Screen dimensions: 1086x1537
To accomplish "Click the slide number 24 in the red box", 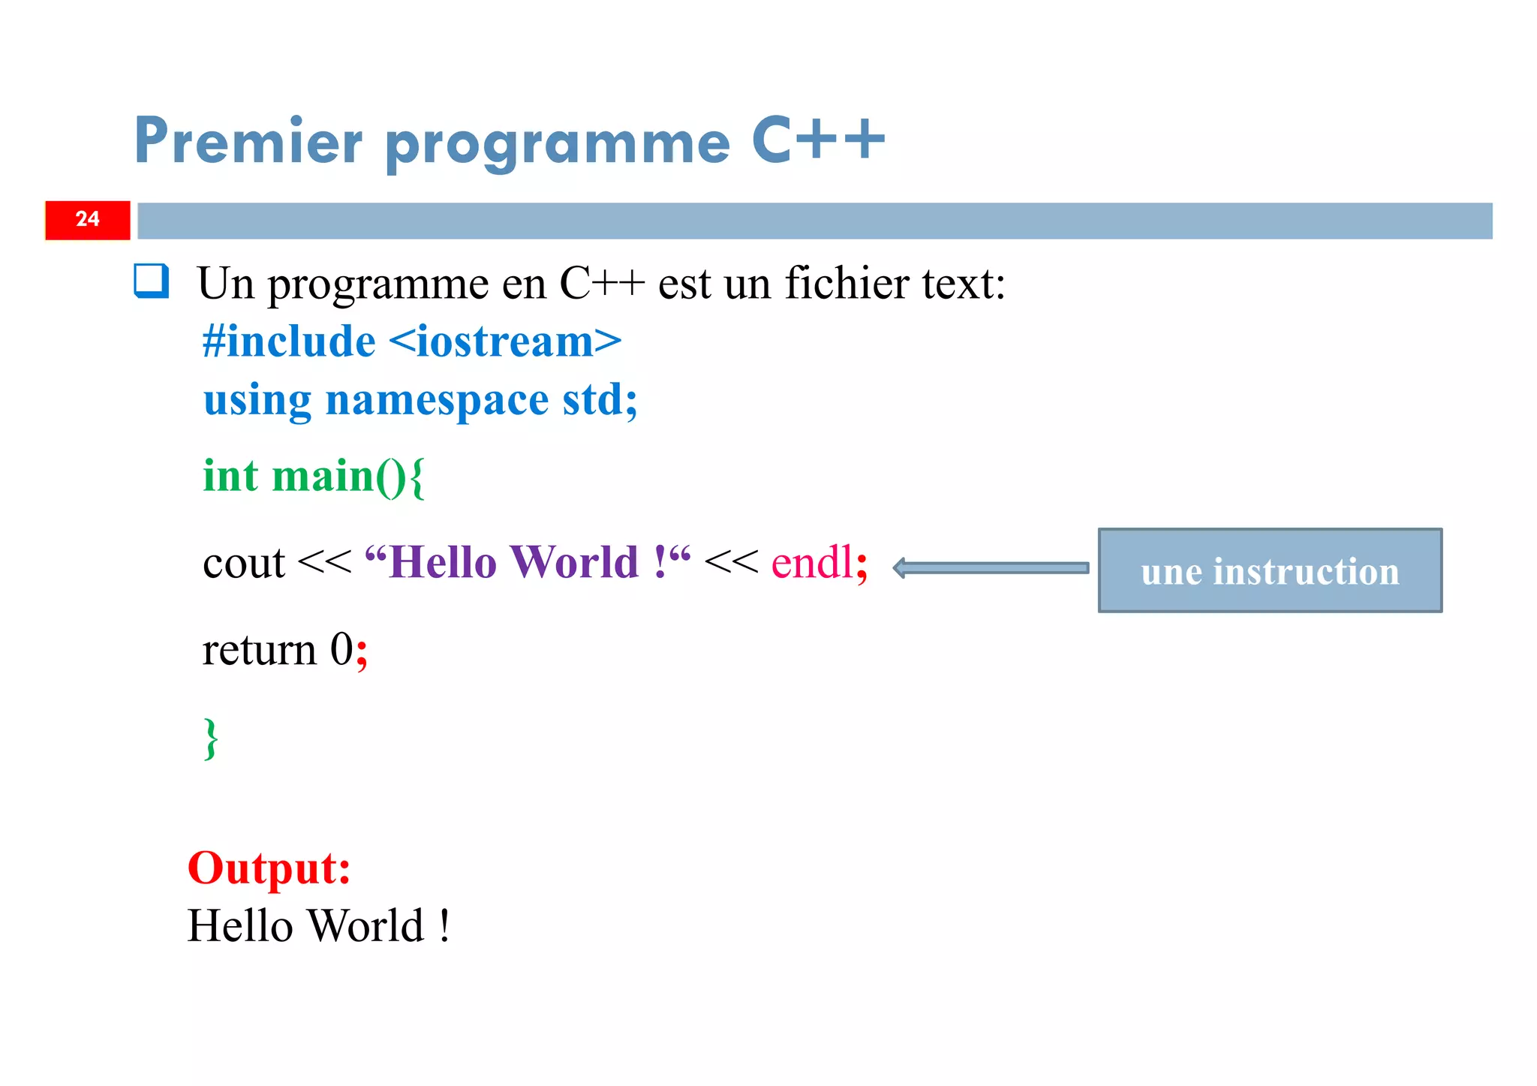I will pyautogui.click(x=87, y=219).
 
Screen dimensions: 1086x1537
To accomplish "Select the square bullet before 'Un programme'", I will pyautogui.click(x=151, y=281).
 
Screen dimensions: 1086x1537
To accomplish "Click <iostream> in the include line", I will pyautogui.click(x=505, y=341).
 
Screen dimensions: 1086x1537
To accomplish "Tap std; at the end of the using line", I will pyautogui.click(x=600, y=400).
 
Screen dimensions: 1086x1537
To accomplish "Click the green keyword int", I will pyautogui.click(x=230, y=476).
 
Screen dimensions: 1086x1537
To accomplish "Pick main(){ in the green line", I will pyautogui.click(x=348, y=477).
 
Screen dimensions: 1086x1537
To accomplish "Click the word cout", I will pyautogui.click(x=244, y=563).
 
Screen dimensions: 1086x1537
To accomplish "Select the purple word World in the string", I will pyautogui.click(x=573, y=562).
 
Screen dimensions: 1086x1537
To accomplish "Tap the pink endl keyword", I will pyautogui.click(x=813, y=562).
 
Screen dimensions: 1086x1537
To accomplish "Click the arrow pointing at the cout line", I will pyautogui.click(x=991, y=568).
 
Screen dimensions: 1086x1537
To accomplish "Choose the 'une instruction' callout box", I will pyautogui.click(x=1270, y=570).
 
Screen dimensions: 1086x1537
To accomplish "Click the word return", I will pyautogui.click(x=259, y=650).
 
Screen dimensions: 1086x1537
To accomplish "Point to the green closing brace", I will pyautogui.click(x=211, y=739).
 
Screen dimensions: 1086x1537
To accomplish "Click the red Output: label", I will pyautogui.click(x=269, y=868).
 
